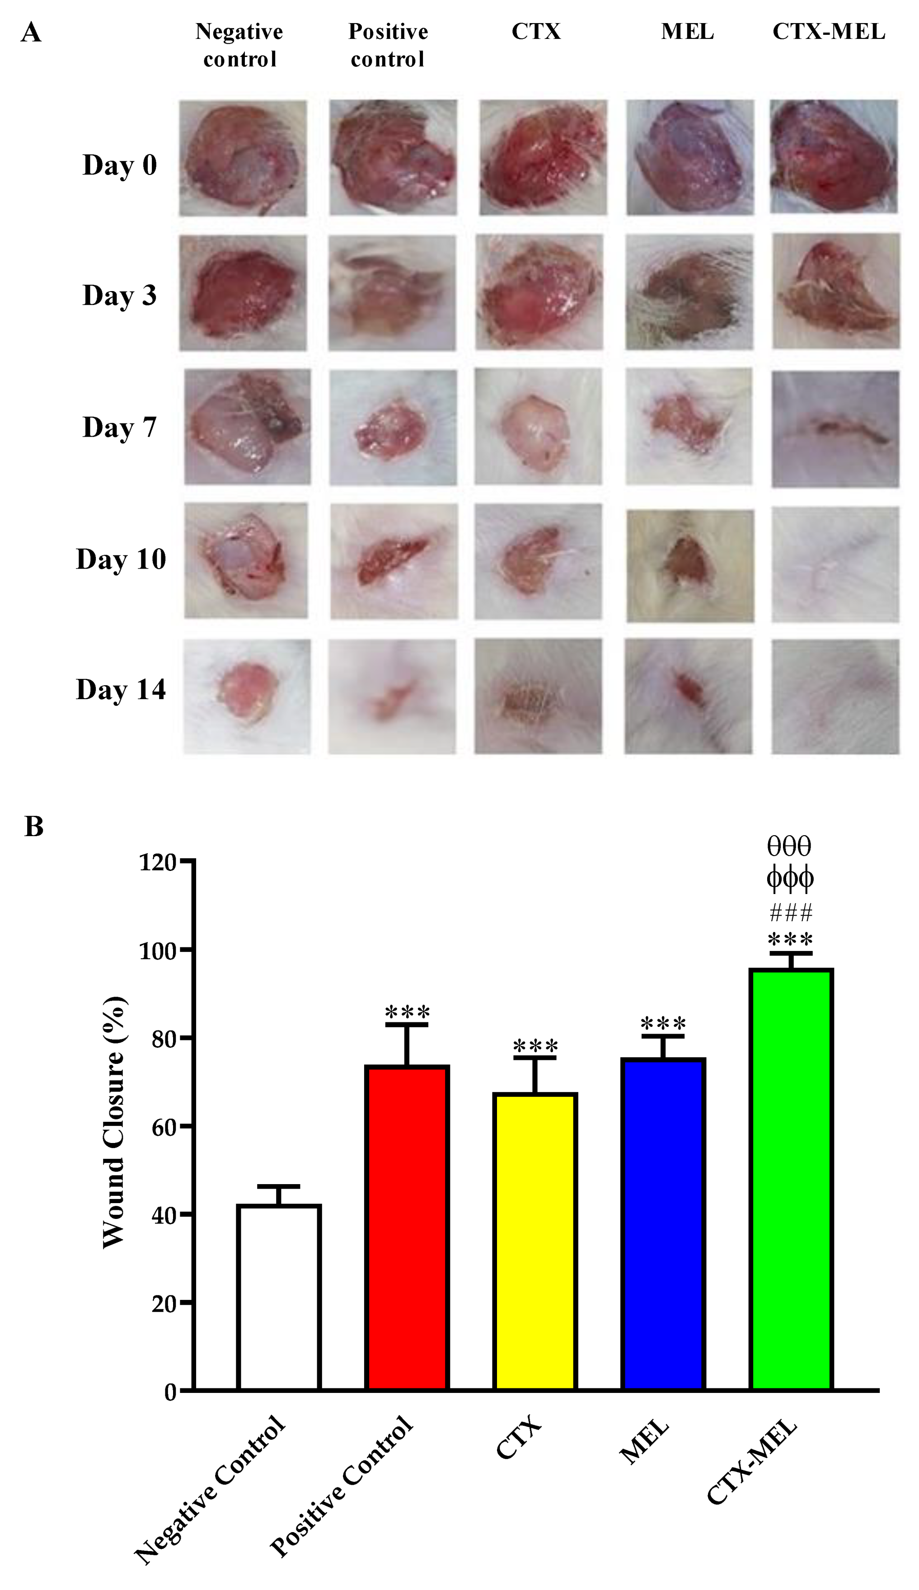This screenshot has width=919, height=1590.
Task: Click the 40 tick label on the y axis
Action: [163, 1215]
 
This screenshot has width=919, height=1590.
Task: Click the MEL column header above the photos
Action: [687, 32]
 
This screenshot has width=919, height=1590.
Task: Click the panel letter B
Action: [34, 826]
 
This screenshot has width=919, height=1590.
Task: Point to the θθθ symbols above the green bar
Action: [789, 846]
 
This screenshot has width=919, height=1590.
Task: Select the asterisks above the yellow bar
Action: [535, 1047]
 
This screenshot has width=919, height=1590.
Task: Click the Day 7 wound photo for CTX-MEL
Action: [835, 429]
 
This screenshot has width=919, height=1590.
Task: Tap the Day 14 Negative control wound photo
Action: [247, 696]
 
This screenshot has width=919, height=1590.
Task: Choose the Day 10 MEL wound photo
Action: [689, 565]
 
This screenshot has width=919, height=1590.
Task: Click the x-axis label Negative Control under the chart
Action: [211, 1489]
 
